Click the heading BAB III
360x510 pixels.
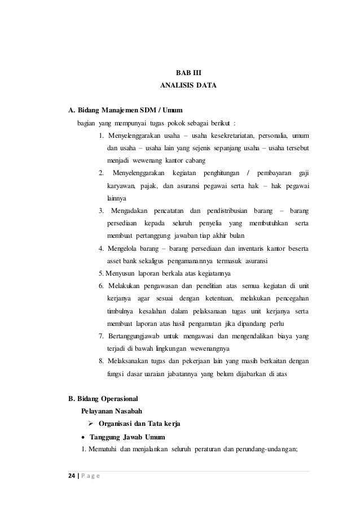tap(180, 73)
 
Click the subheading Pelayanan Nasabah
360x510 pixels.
tap(110, 411)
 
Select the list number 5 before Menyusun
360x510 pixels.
tap(100, 274)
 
